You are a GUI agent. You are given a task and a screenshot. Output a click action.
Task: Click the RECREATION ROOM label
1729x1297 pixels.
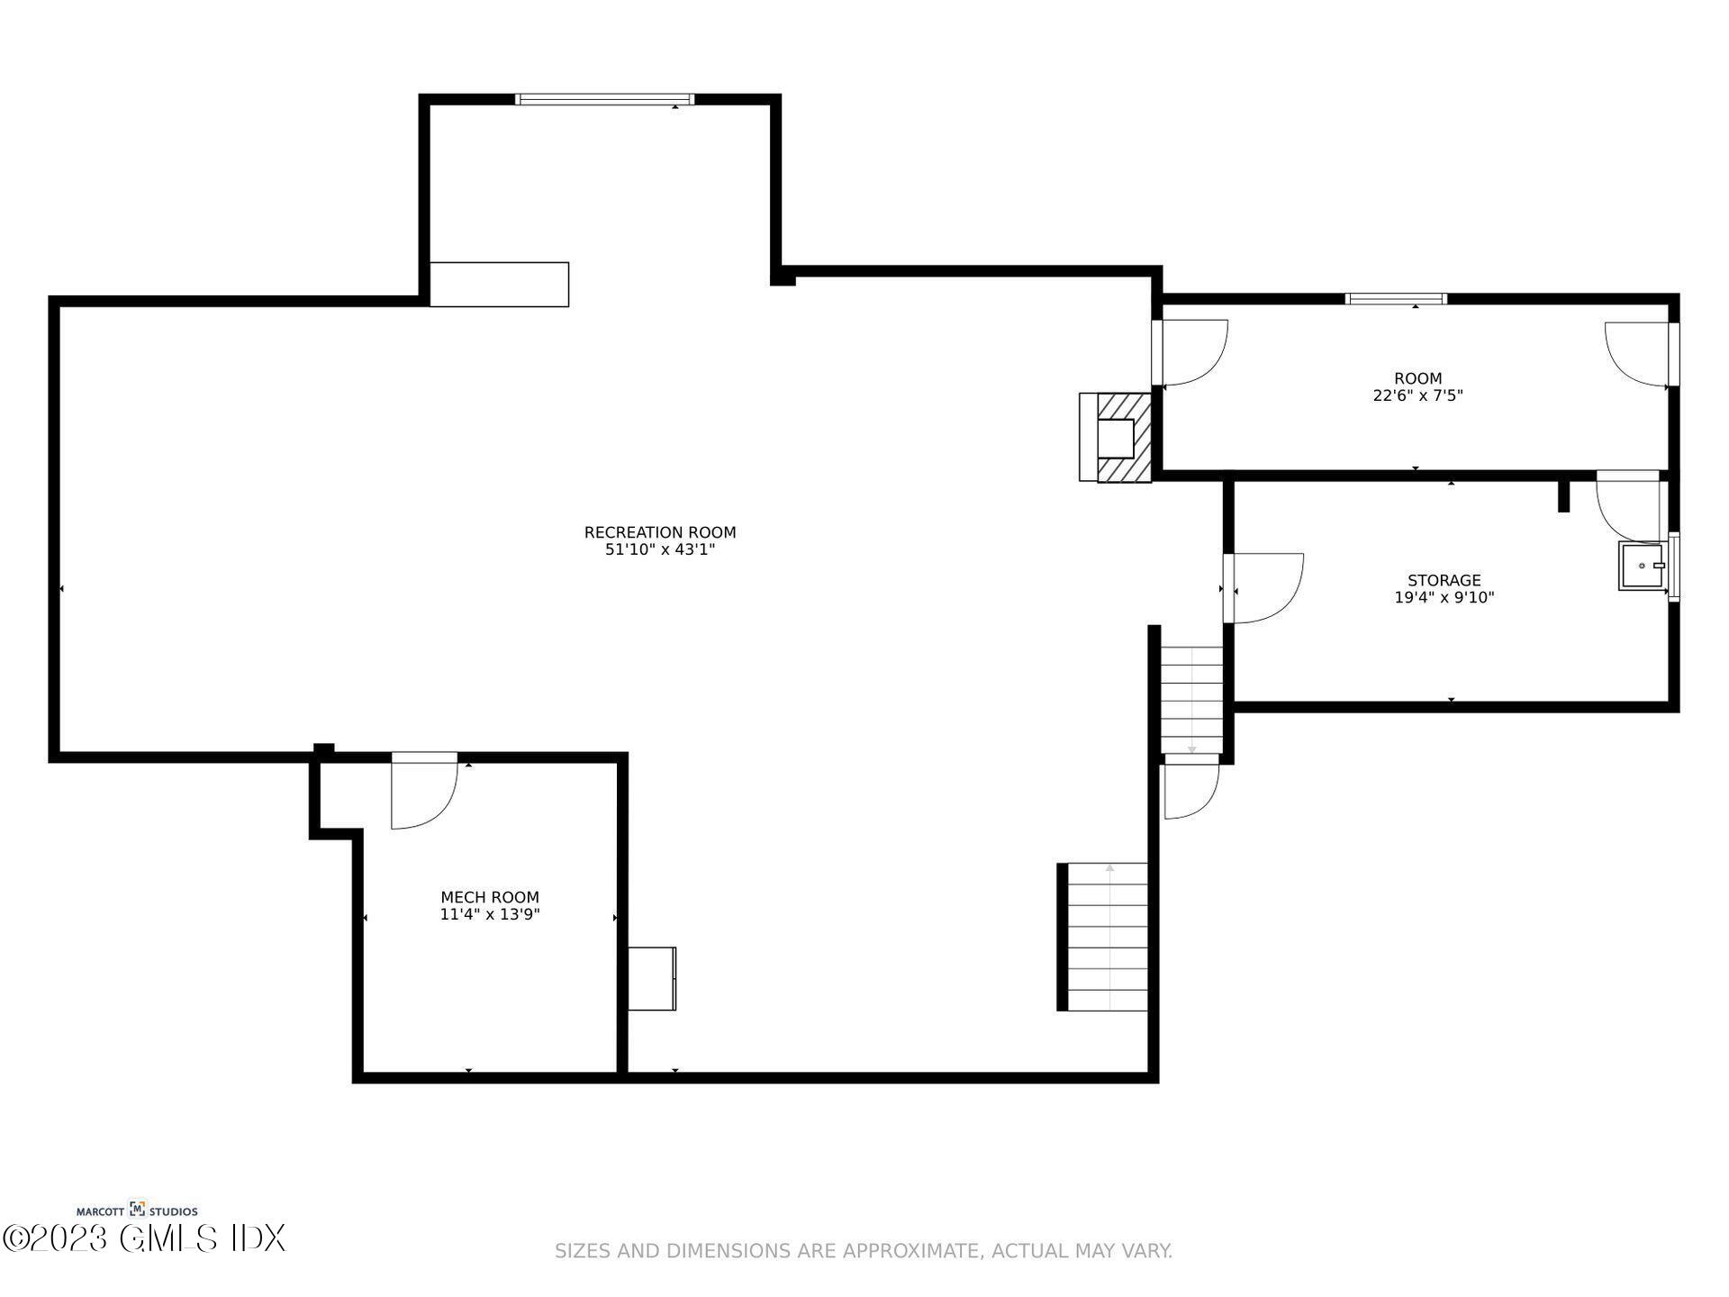[x=660, y=532]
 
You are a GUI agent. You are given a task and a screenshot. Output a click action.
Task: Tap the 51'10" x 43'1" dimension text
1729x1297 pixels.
[x=660, y=549]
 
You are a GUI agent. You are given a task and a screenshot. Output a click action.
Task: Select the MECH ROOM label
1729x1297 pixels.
[x=490, y=897]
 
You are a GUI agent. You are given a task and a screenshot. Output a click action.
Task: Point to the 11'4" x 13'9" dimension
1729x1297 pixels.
[x=490, y=914]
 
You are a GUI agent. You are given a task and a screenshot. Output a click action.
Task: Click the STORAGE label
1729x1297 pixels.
[x=1444, y=581]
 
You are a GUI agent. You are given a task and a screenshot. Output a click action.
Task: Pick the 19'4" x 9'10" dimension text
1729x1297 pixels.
[x=1444, y=597]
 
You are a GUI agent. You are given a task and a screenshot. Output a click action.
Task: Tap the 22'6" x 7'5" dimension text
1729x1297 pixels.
[x=1417, y=395]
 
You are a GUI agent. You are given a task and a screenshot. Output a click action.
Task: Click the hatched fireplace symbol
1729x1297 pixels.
[x=1124, y=438]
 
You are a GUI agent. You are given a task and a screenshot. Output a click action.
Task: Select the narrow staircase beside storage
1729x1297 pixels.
[x=1191, y=700]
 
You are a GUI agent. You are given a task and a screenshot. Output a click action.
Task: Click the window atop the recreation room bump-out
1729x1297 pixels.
[x=604, y=99]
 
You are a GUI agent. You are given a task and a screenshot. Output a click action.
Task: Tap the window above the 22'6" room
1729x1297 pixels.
[x=1396, y=299]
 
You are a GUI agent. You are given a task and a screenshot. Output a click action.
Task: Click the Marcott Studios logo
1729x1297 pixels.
[x=137, y=1211]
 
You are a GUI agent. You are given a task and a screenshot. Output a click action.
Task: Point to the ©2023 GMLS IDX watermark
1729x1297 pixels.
[x=144, y=1238]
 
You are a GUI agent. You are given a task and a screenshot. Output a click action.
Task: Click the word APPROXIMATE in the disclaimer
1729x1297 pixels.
[x=910, y=1251]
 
